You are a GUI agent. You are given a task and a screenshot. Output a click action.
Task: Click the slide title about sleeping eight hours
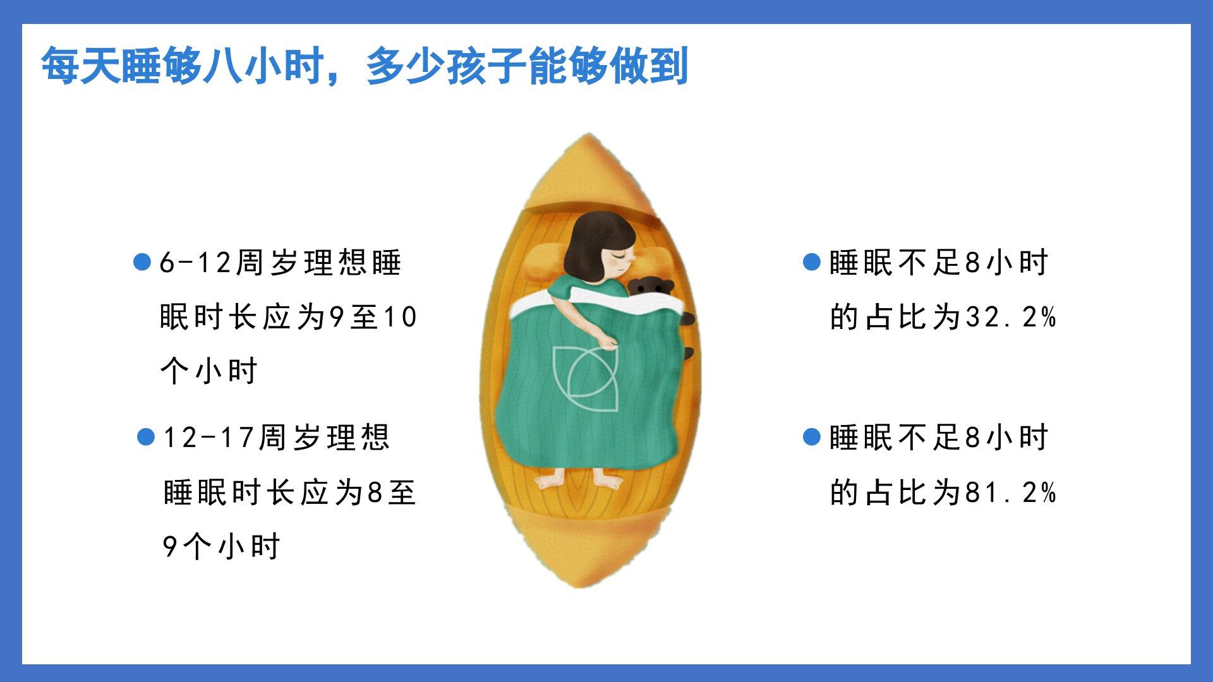[x=365, y=66]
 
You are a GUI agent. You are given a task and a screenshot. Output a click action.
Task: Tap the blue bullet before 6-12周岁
[x=143, y=262]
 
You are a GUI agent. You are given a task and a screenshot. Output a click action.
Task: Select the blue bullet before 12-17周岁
[x=146, y=437]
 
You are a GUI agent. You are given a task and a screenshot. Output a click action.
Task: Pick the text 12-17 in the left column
[x=208, y=438]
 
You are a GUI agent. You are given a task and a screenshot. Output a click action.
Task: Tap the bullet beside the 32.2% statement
[x=811, y=262]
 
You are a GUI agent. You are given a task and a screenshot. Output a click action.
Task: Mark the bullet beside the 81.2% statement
[x=811, y=437]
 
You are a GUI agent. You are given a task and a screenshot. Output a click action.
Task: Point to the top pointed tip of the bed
[x=588, y=134]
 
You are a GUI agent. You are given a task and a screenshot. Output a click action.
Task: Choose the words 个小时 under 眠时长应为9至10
[x=209, y=371]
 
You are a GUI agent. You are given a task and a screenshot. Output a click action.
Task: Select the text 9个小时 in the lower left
[x=221, y=547]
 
